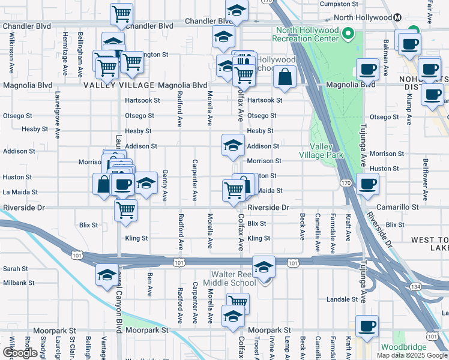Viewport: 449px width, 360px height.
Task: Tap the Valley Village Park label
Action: click(x=326, y=151)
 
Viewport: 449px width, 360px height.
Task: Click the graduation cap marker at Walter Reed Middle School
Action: click(x=263, y=268)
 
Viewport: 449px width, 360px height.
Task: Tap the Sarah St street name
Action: click(x=16, y=269)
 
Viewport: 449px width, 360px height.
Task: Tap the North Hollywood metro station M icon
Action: click(x=397, y=17)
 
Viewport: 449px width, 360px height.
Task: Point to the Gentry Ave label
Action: click(x=164, y=185)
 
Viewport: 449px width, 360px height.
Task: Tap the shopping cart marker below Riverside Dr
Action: click(x=125, y=210)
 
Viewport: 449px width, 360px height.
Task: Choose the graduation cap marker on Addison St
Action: click(x=233, y=145)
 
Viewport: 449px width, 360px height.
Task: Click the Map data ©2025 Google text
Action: click(x=412, y=355)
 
